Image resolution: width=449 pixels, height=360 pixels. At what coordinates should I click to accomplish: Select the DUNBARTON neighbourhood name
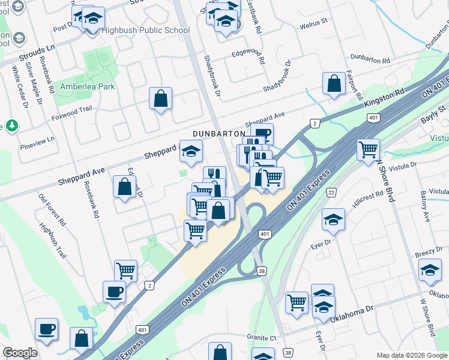point(219,133)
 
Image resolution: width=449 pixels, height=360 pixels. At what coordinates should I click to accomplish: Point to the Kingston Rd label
point(385,97)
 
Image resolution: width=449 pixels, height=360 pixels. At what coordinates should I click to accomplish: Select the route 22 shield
point(331,192)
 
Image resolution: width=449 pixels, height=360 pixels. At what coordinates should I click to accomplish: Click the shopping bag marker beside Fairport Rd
point(334,84)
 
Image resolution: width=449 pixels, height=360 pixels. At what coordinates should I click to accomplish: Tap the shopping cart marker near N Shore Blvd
point(368,150)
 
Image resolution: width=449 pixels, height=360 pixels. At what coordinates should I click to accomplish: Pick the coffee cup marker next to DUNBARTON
point(262,135)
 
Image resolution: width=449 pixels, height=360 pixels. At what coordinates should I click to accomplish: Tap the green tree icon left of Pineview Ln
point(11,126)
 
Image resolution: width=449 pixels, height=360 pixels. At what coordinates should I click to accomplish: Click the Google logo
point(20,353)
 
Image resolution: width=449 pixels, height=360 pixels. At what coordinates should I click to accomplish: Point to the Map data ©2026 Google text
point(411,355)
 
